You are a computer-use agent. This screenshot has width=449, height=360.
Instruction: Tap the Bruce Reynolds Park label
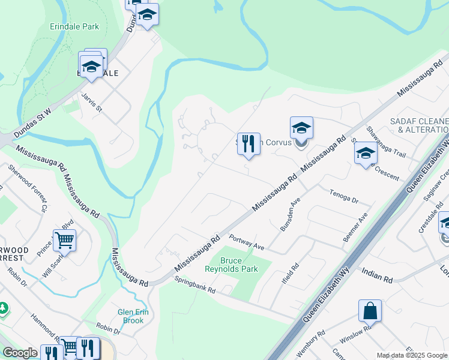(x=238, y=265)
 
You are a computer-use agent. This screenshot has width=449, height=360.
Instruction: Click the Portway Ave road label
(x=247, y=242)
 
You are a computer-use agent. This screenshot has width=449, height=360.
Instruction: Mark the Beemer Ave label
(x=354, y=227)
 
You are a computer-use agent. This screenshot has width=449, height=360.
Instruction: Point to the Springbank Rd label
(x=195, y=286)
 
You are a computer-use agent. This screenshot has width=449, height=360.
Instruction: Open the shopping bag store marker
(x=370, y=311)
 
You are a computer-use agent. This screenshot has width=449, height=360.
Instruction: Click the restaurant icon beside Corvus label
(x=249, y=144)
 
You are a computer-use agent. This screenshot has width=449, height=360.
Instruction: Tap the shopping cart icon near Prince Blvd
(x=64, y=241)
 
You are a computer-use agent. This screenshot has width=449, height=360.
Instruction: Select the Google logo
(x=20, y=353)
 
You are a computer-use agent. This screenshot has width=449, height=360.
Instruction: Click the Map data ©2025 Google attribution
(x=412, y=355)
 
